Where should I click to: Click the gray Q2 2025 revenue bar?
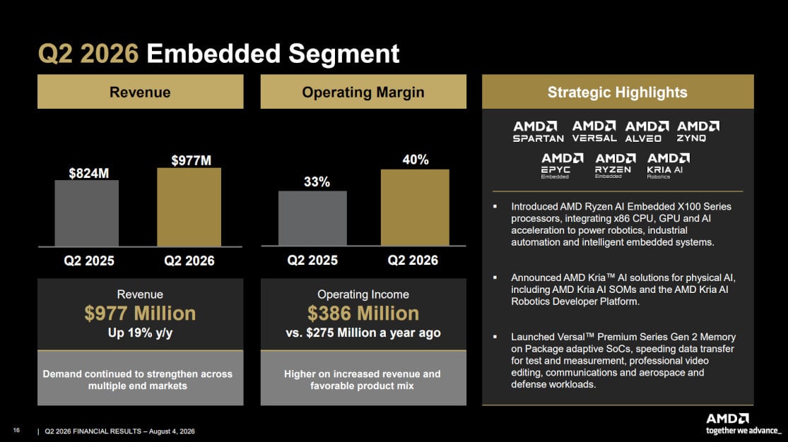coord(86,213)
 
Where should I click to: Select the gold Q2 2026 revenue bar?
coord(189,207)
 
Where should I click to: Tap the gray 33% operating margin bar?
coord(312,218)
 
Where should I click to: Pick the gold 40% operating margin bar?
coord(415,208)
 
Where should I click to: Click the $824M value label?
coord(89,173)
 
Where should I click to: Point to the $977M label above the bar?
coord(191,161)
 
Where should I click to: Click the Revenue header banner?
coord(140,92)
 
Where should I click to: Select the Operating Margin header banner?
coord(363,92)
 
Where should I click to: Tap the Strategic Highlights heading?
coord(617,92)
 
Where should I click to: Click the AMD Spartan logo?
coord(538,131)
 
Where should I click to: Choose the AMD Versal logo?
coord(594,131)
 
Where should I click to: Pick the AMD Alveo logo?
coord(646,131)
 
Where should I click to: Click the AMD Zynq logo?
coord(698,131)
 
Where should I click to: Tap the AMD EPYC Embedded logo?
coord(562,166)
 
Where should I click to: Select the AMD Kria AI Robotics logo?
coord(669,166)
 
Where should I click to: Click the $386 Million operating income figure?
coord(363,313)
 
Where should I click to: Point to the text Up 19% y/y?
coord(140,333)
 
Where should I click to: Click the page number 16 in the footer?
coord(16,431)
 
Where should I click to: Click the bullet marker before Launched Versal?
coord(495,337)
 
